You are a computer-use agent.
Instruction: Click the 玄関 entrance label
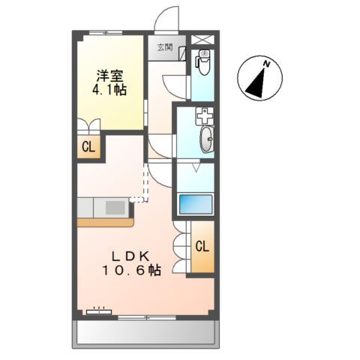165,47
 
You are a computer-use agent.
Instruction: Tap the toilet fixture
204,62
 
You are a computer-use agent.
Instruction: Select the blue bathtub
196,204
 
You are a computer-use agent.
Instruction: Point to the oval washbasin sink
207,139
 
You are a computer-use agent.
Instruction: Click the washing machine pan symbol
205,116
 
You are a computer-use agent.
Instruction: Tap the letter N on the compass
267,64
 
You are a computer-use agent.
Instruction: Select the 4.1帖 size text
109,90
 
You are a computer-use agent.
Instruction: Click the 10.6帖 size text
131,270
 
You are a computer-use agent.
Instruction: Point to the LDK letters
130,256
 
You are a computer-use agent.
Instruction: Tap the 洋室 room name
109,76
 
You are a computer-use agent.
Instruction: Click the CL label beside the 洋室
88,148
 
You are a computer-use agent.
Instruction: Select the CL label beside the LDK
202,247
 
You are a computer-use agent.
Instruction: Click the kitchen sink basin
115,208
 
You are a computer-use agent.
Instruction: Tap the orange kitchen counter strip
106,222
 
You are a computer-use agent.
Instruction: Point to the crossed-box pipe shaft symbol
202,40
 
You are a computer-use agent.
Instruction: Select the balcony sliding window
147,318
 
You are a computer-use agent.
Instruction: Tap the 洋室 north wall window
106,32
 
